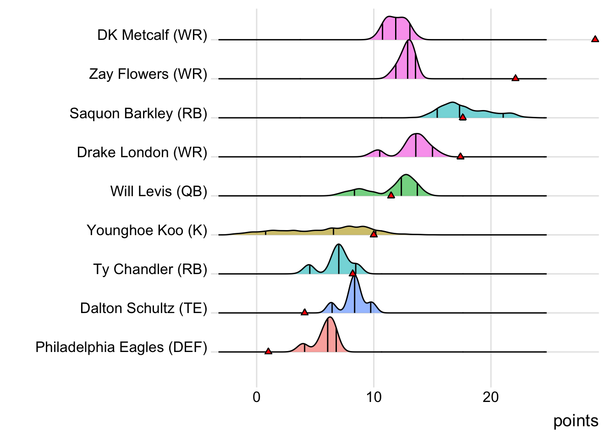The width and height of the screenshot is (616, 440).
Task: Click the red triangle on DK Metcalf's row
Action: click(x=595, y=39)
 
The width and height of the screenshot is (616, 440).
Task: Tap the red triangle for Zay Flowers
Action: click(x=515, y=78)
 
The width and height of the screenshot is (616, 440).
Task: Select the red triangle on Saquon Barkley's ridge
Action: click(x=462, y=117)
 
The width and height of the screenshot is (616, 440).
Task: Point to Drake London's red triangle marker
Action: click(x=460, y=156)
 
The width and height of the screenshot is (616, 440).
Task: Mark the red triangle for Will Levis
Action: click(x=391, y=195)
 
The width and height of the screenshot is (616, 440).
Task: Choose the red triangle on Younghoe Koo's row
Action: click(x=374, y=234)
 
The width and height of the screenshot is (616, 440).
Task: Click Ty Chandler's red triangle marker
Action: click(x=352, y=273)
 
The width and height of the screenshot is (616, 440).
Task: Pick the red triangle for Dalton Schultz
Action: click(x=304, y=312)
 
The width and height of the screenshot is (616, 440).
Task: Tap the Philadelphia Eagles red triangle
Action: click(x=268, y=351)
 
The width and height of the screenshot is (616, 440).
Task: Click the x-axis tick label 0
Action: click(x=256, y=397)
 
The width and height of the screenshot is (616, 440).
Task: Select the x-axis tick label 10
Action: click(x=374, y=397)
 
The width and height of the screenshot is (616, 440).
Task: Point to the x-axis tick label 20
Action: click(x=490, y=397)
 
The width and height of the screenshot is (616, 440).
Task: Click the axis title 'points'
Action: click(x=576, y=421)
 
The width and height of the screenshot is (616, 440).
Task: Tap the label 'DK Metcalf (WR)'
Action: click(x=152, y=35)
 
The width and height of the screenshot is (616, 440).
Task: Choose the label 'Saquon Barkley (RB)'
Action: click(x=138, y=113)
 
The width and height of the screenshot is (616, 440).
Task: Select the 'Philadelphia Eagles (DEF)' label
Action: click(x=121, y=347)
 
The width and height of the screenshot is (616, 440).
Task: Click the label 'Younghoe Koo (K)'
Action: click(x=147, y=230)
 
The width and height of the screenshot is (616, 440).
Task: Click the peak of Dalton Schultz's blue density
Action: click(x=354, y=277)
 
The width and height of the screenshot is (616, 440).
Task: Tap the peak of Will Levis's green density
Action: click(x=406, y=175)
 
